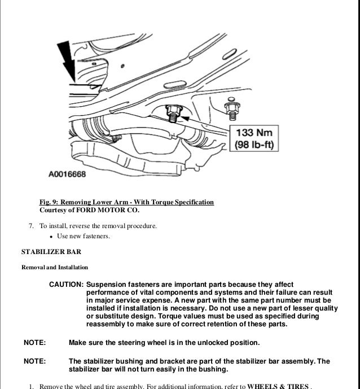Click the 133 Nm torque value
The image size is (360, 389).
tap(254, 133)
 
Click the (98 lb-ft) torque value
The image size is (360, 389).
tap(254, 145)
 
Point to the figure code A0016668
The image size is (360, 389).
tap(67, 175)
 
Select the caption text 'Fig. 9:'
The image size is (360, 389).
tap(49, 202)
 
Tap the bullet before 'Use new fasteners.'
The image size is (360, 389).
tap(51, 236)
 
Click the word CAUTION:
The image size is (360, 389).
tap(67, 285)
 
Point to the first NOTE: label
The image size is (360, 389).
tap(34, 343)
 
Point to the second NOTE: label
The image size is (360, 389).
tap(34, 361)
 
